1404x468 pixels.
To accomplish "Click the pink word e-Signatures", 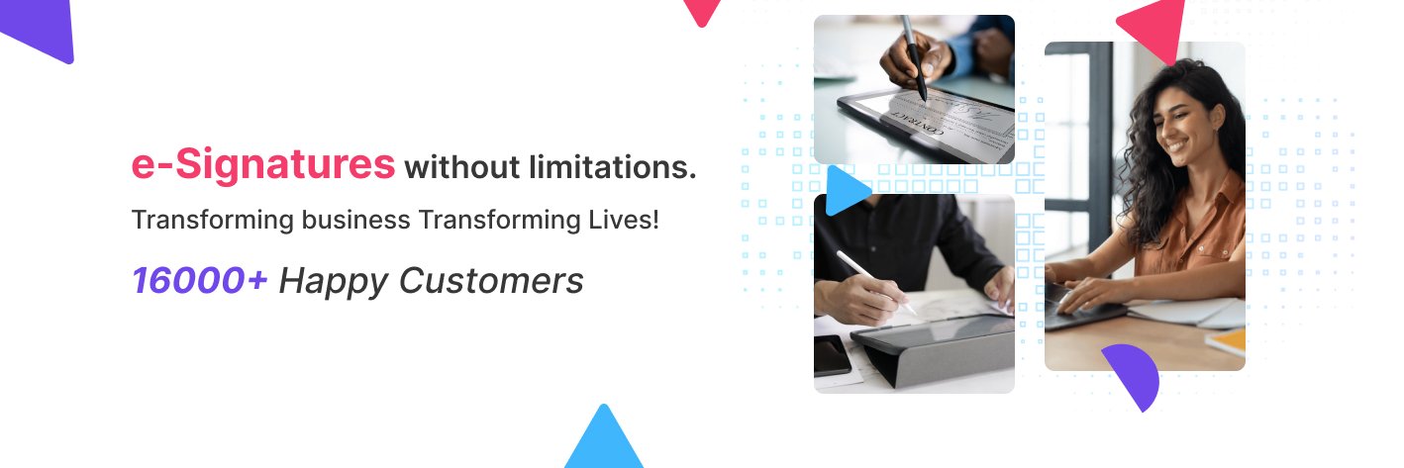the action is coord(263,165).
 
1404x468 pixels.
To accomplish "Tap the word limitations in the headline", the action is coord(612,167).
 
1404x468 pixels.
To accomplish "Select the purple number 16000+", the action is coord(200,280).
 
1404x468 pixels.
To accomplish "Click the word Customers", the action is coord(491,280).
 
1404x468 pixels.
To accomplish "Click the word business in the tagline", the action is coord(356,220).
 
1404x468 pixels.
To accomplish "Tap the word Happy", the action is coord(334,281).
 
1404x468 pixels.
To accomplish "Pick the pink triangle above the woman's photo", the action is coord(1155,28).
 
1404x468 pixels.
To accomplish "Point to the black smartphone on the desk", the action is coord(832,355).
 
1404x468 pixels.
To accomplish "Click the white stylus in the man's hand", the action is coord(875,283).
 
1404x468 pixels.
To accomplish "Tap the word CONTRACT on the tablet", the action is coord(918,124).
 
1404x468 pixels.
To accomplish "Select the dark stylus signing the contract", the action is coord(914,57).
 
